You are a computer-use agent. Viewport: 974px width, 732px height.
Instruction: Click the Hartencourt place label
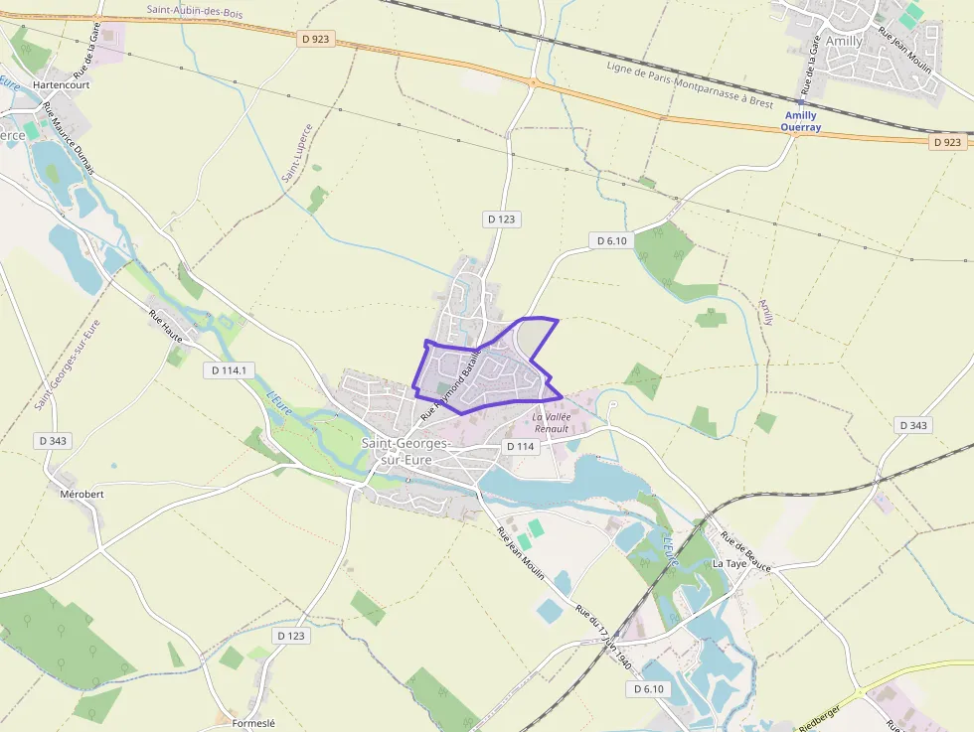(x=62, y=85)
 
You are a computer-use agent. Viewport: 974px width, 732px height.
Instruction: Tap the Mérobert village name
(x=81, y=494)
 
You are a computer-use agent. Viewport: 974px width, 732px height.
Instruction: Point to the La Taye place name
(x=730, y=563)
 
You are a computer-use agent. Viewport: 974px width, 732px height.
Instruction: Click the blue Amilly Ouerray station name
(x=799, y=121)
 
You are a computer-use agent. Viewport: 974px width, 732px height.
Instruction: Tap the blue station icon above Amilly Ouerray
(x=800, y=101)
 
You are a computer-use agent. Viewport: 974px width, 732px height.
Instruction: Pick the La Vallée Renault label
(x=551, y=423)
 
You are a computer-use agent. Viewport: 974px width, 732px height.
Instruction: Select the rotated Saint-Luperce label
(x=297, y=152)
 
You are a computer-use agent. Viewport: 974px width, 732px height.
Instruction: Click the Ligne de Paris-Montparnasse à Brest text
(x=690, y=84)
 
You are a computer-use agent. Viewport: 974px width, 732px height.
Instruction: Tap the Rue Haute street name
(x=166, y=327)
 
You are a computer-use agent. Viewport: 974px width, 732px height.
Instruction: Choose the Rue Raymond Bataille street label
(x=450, y=381)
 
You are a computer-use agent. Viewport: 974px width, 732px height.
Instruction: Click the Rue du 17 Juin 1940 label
(x=605, y=629)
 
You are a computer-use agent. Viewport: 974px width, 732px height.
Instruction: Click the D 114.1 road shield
(x=230, y=369)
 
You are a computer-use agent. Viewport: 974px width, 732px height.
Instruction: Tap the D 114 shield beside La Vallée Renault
(x=521, y=447)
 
